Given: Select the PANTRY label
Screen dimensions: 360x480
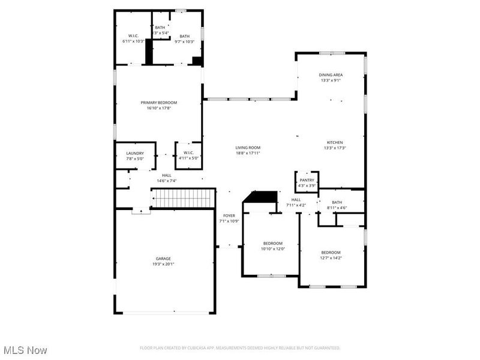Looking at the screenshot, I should [307, 180].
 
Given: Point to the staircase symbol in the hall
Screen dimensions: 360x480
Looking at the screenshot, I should [182, 197].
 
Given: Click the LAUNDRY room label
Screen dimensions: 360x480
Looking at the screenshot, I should [134, 153].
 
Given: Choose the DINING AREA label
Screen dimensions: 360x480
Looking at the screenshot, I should [331, 75].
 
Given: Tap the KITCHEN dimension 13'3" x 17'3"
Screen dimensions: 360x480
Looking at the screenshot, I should [335, 148].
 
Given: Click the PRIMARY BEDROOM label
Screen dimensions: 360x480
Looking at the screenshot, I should [159, 103].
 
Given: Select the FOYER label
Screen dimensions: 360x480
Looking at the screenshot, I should [229, 215].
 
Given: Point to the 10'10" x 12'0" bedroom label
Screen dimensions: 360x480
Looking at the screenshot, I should [272, 246].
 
